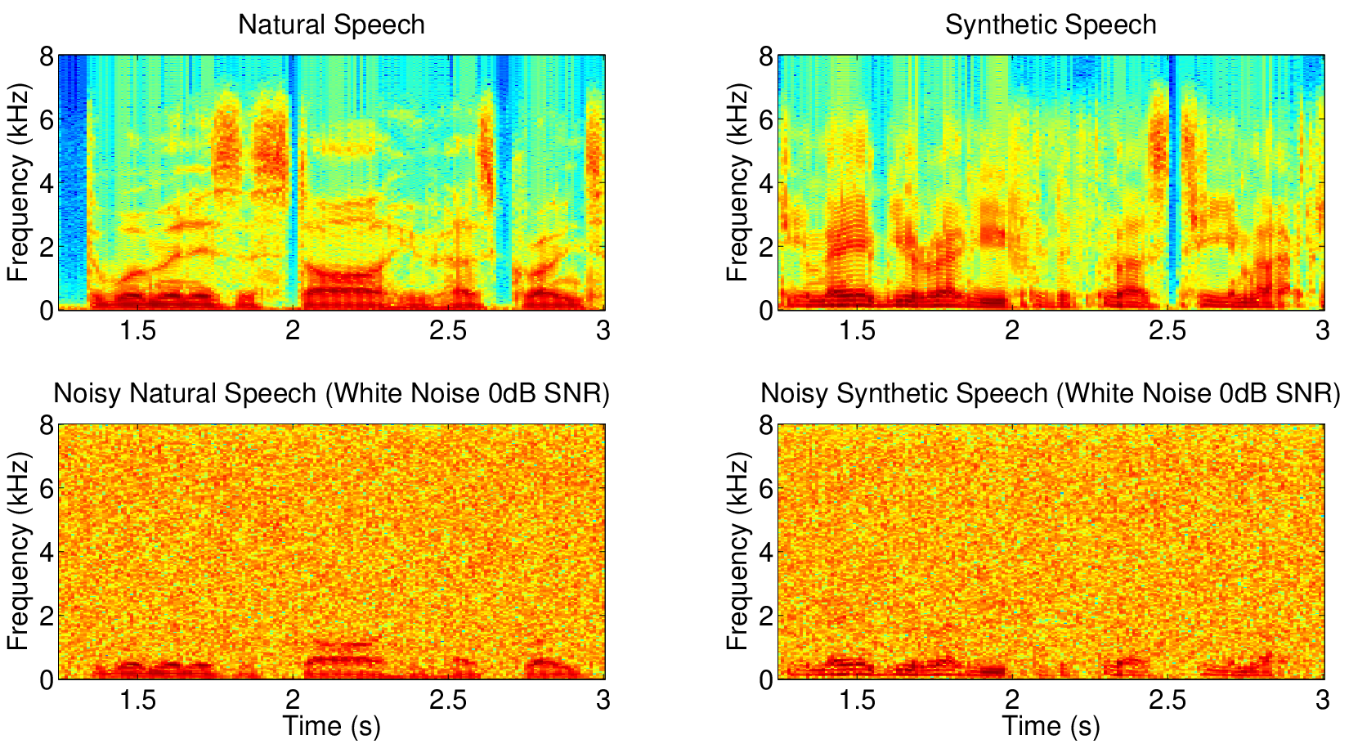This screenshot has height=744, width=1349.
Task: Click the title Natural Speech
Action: (x=331, y=25)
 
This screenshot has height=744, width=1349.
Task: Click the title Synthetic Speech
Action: (x=1051, y=25)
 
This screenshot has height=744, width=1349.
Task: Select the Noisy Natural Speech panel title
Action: (x=331, y=394)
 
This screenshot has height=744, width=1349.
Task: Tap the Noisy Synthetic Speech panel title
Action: (x=1051, y=394)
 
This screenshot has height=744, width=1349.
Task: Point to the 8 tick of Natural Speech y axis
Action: (x=47, y=57)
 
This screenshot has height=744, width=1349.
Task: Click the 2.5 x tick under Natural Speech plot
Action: (x=448, y=331)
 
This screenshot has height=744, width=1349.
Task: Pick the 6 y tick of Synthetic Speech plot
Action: (x=766, y=120)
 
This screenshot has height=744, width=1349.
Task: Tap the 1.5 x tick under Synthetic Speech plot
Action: (x=857, y=331)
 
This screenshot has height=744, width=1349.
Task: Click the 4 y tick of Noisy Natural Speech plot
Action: (x=47, y=553)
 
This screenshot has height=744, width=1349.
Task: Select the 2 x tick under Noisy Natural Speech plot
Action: (x=293, y=700)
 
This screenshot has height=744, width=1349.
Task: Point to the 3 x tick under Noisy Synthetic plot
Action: (x=1323, y=700)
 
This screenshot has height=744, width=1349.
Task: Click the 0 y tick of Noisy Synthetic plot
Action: (x=766, y=679)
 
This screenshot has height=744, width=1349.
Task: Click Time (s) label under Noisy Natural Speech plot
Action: (x=332, y=727)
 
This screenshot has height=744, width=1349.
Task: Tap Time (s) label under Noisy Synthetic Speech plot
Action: (x=1051, y=727)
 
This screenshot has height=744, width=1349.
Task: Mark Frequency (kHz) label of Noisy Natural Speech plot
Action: (x=18, y=552)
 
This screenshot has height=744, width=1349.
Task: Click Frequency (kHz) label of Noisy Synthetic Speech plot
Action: (x=737, y=552)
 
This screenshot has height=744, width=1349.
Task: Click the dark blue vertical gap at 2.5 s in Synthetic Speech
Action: (x=1172, y=181)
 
